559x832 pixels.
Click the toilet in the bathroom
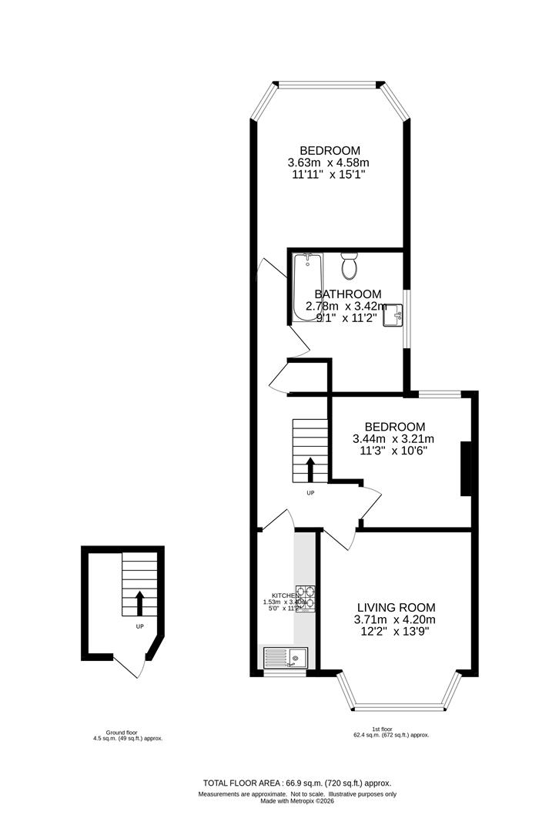349,267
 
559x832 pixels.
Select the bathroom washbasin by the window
395,314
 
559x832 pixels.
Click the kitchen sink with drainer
286,657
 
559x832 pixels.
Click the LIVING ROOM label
394,607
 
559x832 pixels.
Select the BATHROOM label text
347,294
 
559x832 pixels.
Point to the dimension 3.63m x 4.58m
329,163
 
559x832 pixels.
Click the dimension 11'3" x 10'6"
394,451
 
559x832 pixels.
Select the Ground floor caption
127,732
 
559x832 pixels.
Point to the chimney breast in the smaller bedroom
464,468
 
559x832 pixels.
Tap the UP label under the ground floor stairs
139,626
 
